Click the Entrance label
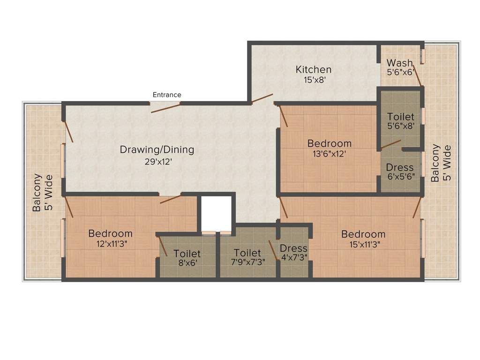(166, 95)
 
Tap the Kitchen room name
(314, 69)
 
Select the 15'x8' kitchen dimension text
(315, 80)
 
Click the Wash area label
(400, 63)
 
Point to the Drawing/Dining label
(157, 150)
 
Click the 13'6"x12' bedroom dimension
(329, 154)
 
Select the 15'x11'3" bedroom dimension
(363, 244)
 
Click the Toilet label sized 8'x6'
(187, 254)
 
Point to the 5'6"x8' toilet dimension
(401, 127)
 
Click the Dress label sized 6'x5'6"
(400, 167)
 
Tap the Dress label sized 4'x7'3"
(293, 248)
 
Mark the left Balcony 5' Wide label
(43, 192)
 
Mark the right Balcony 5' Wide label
(441, 163)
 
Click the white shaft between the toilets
(216, 213)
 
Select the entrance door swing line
(165, 107)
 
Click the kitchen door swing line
(262, 98)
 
